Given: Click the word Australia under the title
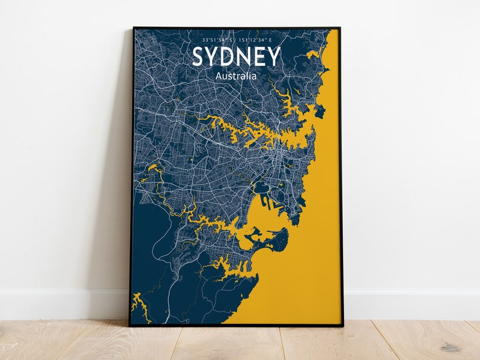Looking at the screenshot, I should point(236,76).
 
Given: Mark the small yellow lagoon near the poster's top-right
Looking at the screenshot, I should point(312,55).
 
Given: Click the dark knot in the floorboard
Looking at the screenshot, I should point(450,347).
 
